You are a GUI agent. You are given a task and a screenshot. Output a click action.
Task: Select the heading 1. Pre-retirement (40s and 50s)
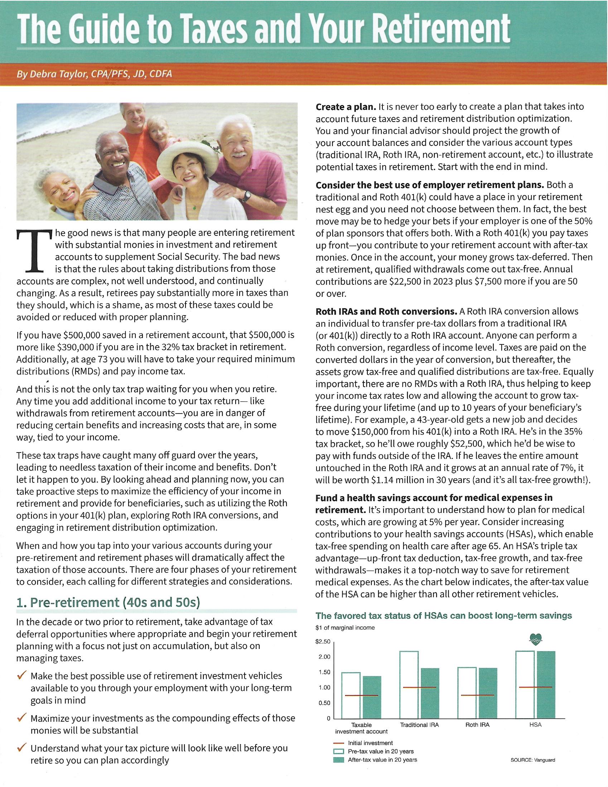108,602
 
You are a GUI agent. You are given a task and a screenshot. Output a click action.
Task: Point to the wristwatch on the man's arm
246,196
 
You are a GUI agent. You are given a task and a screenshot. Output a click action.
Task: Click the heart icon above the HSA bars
536,640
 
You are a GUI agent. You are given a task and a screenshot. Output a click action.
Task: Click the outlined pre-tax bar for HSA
525,684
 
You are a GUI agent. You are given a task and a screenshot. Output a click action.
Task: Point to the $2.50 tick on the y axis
323,642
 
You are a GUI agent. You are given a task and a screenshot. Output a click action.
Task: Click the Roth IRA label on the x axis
477,725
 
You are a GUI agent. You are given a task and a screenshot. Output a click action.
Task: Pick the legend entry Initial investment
370,743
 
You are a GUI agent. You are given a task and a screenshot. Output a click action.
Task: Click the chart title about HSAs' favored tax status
444,616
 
